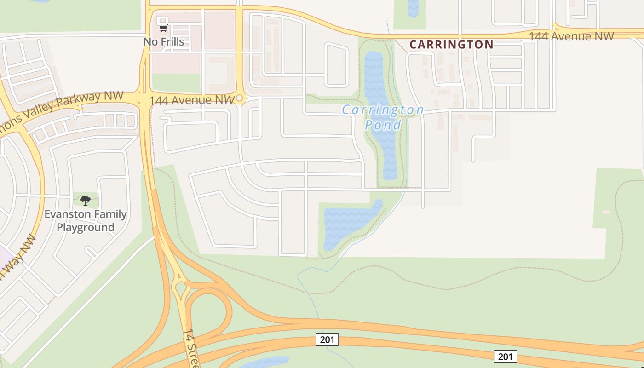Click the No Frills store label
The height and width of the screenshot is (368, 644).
tap(164, 42)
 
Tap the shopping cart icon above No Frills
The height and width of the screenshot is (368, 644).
tap(163, 29)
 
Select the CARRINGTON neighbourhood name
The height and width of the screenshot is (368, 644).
tap(451, 45)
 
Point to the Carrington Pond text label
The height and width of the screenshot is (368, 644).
tap(383, 117)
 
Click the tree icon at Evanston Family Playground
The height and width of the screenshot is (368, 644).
tap(86, 200)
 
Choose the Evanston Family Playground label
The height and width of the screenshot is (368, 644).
tap(86, 221)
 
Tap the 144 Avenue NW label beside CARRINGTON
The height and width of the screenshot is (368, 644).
tap(571, 36)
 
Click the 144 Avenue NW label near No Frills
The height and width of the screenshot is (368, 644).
tap(192, 100)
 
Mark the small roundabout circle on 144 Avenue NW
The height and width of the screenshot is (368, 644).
tap(240, 98)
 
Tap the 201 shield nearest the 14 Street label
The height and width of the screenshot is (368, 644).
tap(327, 339)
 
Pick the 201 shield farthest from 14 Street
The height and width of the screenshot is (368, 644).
tap(506, 356)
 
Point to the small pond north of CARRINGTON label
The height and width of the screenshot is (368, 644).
tap(413, 8)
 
